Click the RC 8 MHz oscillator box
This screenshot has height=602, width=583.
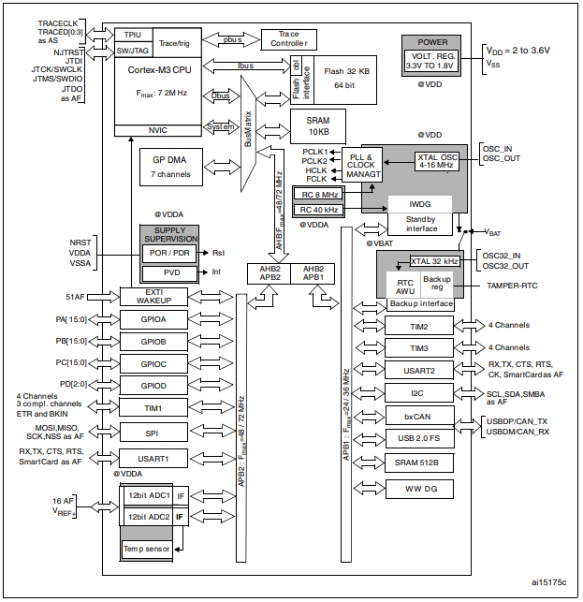tap(318, 193)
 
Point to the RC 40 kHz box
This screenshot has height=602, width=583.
tap(318, 209)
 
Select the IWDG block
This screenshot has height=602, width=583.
tap(419, 203)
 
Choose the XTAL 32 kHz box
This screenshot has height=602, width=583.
tap(433, 261)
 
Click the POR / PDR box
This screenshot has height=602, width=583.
tap(168, 253)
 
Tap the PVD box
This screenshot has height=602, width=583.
tap(168, 273)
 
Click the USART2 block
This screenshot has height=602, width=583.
tap(418, 370)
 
